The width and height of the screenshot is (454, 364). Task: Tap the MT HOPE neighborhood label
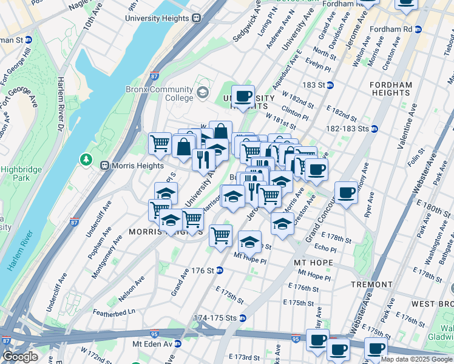click(313, 263)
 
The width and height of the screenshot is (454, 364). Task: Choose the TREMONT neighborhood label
click(371, 284)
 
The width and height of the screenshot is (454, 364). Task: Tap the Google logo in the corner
click(19, 357)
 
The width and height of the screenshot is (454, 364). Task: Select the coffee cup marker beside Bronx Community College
click(243, 96)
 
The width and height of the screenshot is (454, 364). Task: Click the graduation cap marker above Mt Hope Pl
click(249, 242)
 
